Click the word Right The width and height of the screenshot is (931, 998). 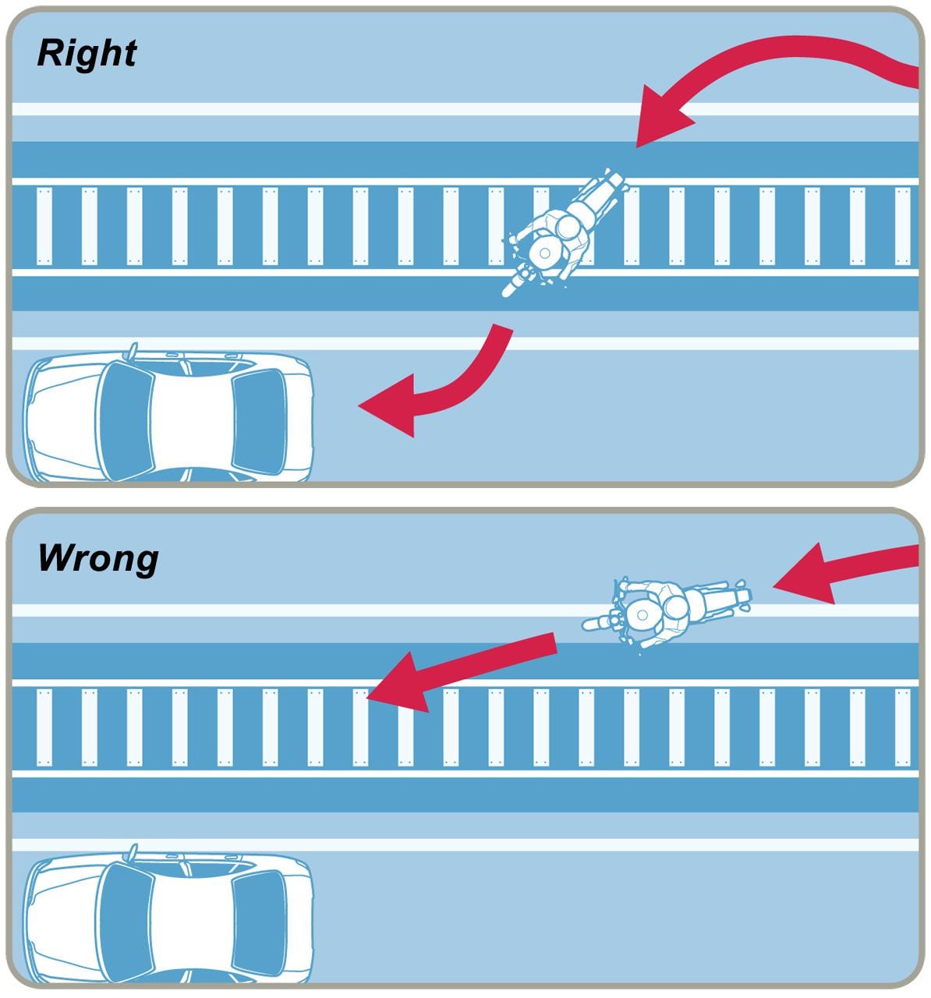pyautogui.click(x=87, y=54)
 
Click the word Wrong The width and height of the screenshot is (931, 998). pyautogui.click(x=97, y=558)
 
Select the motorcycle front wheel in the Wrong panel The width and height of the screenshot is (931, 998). pyautogui.click(x=596, y=623)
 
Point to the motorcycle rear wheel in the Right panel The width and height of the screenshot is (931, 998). pyautogui.click(x=613, y=184)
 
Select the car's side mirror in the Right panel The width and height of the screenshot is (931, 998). pyautogui.click(x=133, y=350)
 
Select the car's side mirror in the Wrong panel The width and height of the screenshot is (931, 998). pyautogui.click(x=133, y=851)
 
